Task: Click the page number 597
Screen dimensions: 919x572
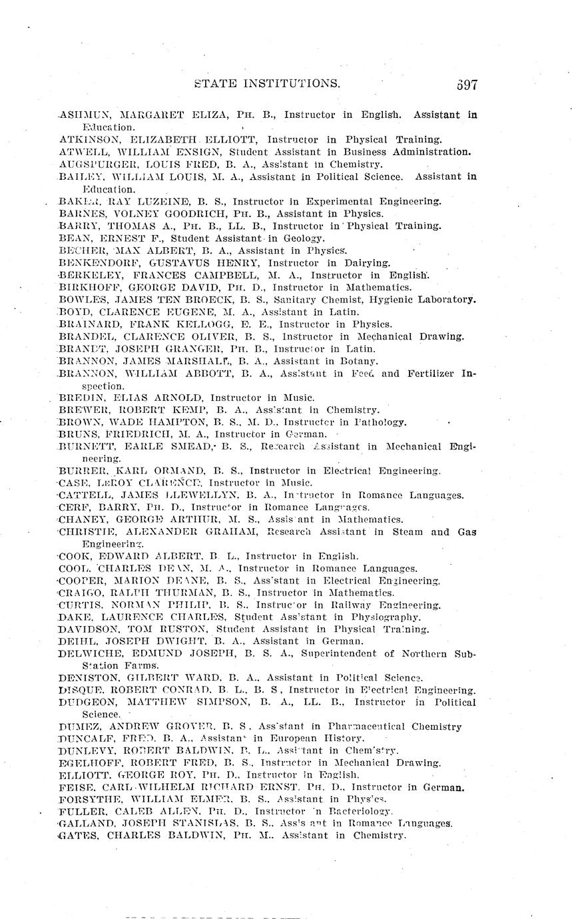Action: [x=467, y=85]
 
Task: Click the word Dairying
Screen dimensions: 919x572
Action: [x=367, y=263]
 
